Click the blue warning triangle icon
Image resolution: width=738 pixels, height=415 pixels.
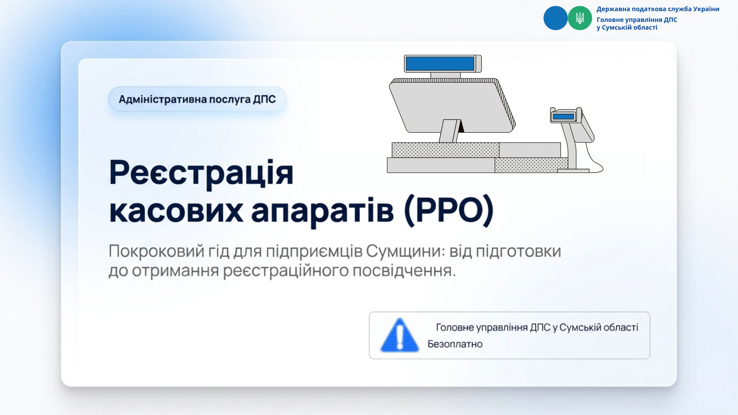pyautogui.click(x=400, y=335)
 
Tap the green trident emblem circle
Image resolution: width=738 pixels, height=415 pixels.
pyautogui.click(x=580, y=18)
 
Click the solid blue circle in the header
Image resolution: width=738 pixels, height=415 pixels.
pyautogui.click(x=555, y=18)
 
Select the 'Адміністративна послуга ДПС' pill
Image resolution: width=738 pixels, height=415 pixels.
pyautogui.click(x=198, y=99)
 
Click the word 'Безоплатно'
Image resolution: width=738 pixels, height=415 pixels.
pyautogui.click(x=455, y=344)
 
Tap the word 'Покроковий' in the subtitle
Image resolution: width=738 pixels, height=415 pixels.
pyautogui.click(x=156, y=251)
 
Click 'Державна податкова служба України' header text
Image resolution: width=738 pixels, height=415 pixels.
pyautogui.click(x=658, y=9)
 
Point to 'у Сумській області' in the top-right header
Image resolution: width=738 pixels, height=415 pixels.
pyautogui.click(x=627, y=28)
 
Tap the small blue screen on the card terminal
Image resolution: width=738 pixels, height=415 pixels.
pyautogui.click(x=563, y=116)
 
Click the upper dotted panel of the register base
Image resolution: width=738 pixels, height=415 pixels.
pyautogui.click(x=445, y=150)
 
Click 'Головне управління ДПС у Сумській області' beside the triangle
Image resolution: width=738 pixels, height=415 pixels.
pyautogui.click(x=537, y=327)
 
